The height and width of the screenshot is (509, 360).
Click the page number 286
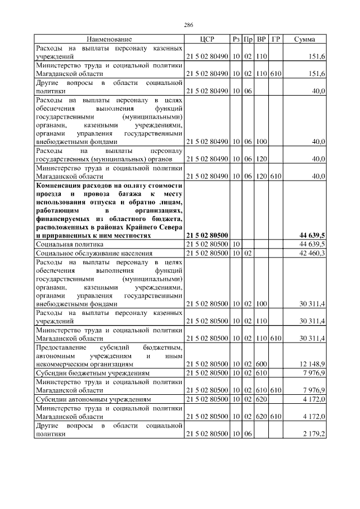point(188,25)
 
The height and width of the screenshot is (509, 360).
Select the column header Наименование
point(109,39)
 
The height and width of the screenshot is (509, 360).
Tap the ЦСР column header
point(206,39)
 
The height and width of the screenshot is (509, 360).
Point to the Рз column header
point(236,39)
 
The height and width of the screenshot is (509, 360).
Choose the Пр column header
point(248,39)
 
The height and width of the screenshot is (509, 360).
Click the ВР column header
point(261,39)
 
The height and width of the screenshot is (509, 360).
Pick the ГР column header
point(276,39)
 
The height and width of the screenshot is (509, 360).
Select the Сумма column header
point(304,39)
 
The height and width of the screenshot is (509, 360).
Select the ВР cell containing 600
point(261,364)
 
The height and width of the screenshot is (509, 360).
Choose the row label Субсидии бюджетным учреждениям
point(93,373)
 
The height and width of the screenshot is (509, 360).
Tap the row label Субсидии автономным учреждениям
point(93,399)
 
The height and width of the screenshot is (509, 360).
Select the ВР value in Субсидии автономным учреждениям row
point(261,399)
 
